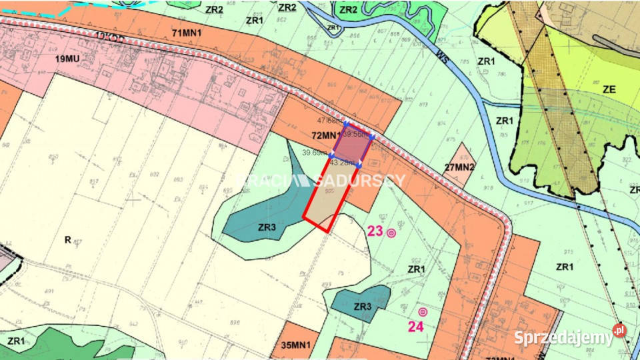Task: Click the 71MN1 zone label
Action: (x=187, y=32)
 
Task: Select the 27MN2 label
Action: (x=459, y=167)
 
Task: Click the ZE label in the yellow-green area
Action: (x=609, y=89)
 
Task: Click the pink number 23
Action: (x=375, y=231)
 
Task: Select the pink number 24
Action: (x=416, y=326)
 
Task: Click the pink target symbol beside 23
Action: (x=391, y=233)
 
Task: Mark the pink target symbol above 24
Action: (x=422, y=311)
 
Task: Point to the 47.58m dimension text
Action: (x=329, y=121)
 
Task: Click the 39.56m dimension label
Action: (x=357, y=134)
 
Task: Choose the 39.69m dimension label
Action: (x=314, y=153)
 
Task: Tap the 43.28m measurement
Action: (x=343, y=162)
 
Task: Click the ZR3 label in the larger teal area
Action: (x=267, y=227)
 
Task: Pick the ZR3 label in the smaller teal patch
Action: (x=362, y=306)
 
